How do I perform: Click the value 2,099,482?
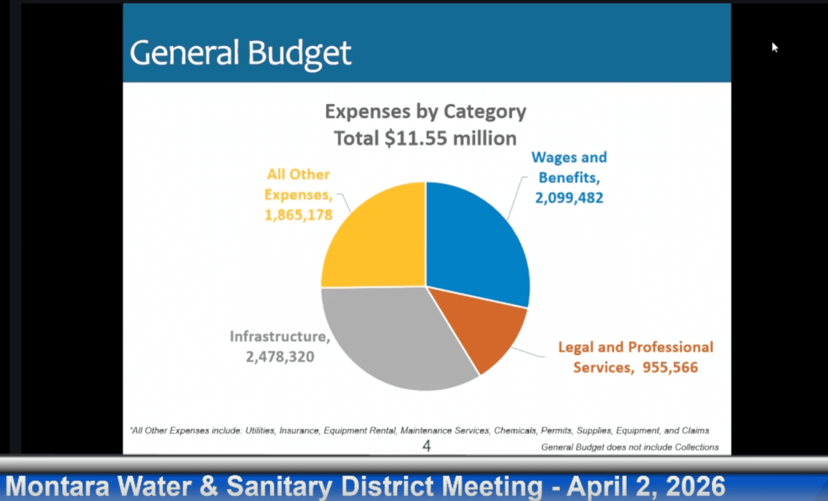point(569,198)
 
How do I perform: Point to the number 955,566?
point(670,368)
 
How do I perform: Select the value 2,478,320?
point(280,357)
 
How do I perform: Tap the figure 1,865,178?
point(298,215)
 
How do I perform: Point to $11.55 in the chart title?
point(415,139)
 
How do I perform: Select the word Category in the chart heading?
point(485,112)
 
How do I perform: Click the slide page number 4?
point(426,446)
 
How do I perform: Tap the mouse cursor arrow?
point(774,47)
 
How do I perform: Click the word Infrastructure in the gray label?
point(279,337)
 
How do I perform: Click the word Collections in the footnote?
point(696,447)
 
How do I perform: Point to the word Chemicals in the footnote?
point(515,431)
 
